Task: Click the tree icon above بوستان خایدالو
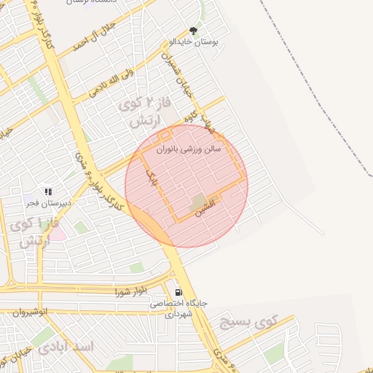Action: [193, 31]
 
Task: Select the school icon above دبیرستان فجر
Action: [48, 192]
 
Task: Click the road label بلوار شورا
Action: [131, 291]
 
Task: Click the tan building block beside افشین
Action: [198, 203]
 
